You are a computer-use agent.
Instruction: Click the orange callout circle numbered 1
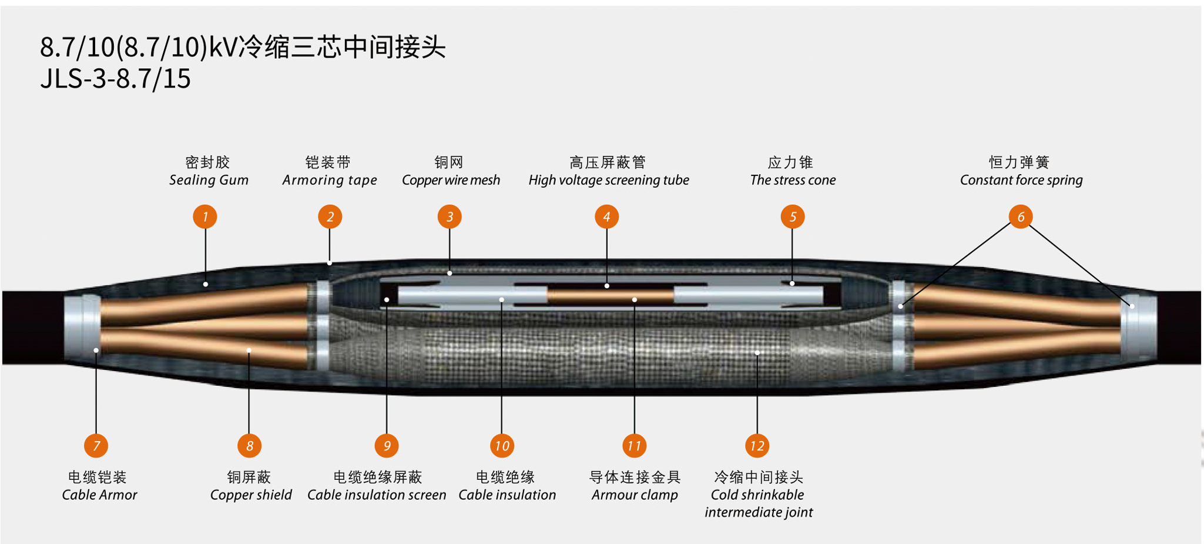click(205, 216)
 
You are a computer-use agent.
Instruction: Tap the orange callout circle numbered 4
click(606, 216)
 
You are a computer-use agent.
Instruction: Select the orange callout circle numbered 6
click(1021, 216)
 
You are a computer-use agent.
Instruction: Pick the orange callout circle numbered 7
click(96, 446)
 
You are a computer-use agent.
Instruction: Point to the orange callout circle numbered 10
click(502, 446)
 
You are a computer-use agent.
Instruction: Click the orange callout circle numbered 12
click(757, 446)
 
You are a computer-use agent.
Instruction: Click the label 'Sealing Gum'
click(209, 180)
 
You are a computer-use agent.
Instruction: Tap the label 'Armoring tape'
click(330, 180)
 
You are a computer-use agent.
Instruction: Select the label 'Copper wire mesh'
click(451, 180)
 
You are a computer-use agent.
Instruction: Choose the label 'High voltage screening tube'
click(609, 180)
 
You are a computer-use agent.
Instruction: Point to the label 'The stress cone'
click(793, 180)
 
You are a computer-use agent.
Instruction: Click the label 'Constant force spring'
click(1021, 180)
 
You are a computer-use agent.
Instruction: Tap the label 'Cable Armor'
click(99, 495)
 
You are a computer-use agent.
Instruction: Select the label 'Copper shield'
click(251, 495)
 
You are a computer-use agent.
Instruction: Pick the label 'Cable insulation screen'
click(377, 495)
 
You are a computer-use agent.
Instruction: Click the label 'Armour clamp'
click(635, 495)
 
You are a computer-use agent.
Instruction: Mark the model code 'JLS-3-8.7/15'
click(115, 79)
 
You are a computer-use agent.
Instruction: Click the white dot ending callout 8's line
click(249, 351)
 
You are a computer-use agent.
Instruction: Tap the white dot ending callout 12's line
click(757, 353)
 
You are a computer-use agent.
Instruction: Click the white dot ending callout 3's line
click(450, 273)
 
